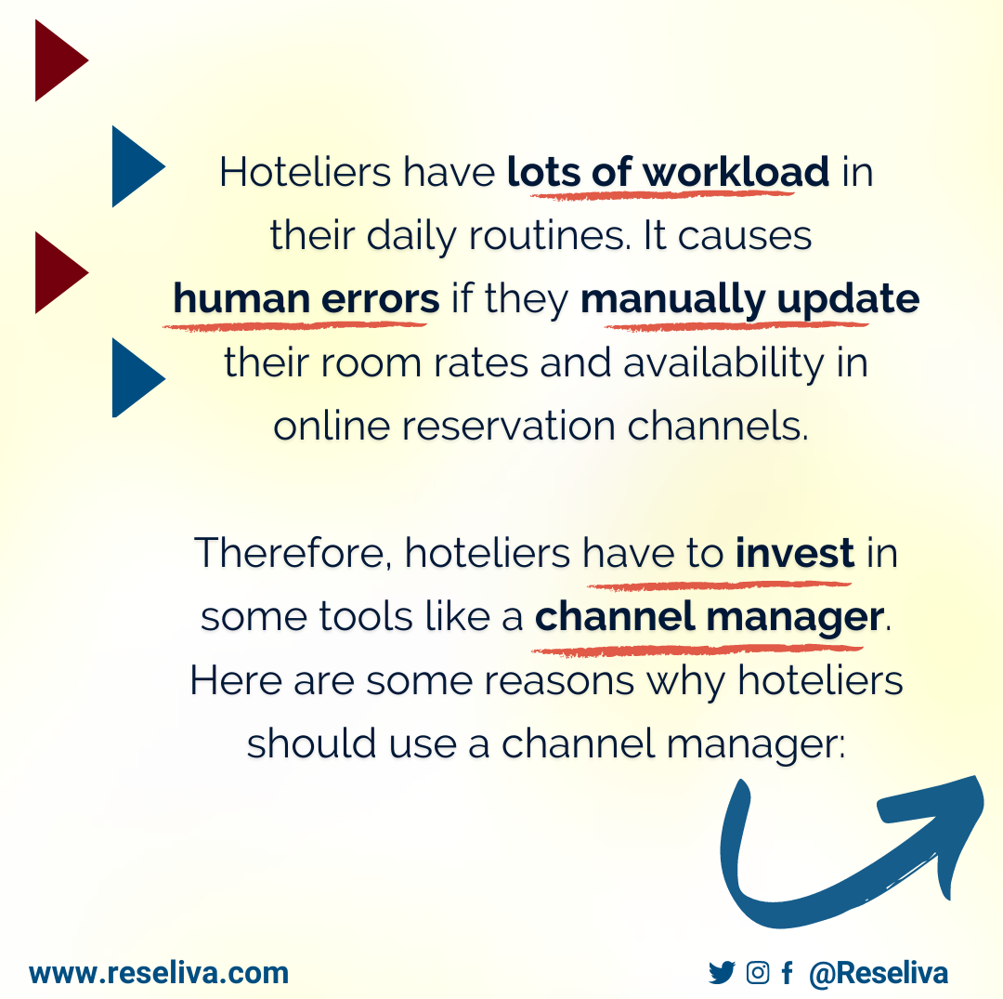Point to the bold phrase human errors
click(306, 299)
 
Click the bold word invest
click(795, 554)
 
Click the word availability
click(723, 363)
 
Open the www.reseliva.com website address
click(159, 973)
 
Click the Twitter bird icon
click(721, 973)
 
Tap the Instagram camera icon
click(758, 973)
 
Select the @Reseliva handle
click(878, 973)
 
